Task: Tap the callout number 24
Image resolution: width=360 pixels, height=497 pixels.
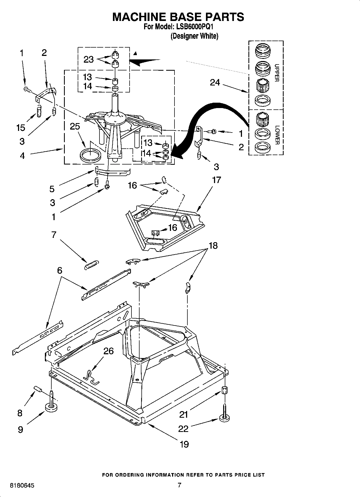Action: click(x=215, y=83)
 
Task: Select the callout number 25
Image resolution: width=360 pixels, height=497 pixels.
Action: click(x=75, y=126)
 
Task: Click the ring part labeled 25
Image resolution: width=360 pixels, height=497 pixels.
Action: click(x=91, y=156)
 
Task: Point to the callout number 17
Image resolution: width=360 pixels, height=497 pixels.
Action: click(x=216, y=180)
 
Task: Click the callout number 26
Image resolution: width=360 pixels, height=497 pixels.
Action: click(x=109, y=351)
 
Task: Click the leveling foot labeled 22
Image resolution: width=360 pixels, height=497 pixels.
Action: click(x=225, y=417)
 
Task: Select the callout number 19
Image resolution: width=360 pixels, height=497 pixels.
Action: click(x=184, y=444)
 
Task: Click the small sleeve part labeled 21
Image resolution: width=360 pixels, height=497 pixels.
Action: click(x=224, y=390)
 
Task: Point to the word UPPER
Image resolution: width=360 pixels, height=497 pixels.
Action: click(x=277, y=73)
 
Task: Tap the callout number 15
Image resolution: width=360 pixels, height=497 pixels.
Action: click(x=20, y=127)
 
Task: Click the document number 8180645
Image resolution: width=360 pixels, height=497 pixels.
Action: click(x=22, y=485)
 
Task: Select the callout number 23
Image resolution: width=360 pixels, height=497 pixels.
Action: click(x=88, y=59)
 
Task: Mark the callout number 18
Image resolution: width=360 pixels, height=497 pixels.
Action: click(x=213, y=245)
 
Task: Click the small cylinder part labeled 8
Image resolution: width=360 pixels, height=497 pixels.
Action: click(x=38, y=389)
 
